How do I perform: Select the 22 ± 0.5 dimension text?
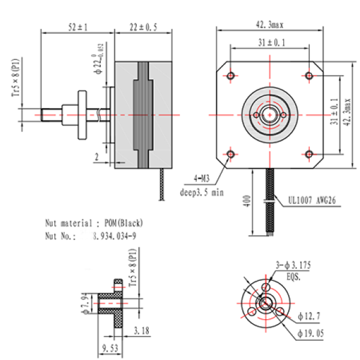coord(143,26)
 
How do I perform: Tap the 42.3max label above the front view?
coord(269,25)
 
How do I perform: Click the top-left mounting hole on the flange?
coord(230,76)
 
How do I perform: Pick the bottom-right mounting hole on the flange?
coord(308,155)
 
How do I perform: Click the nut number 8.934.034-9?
coord(114,236)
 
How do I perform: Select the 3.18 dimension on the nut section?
coord(142,329)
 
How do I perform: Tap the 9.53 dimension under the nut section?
coord(110,347)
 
